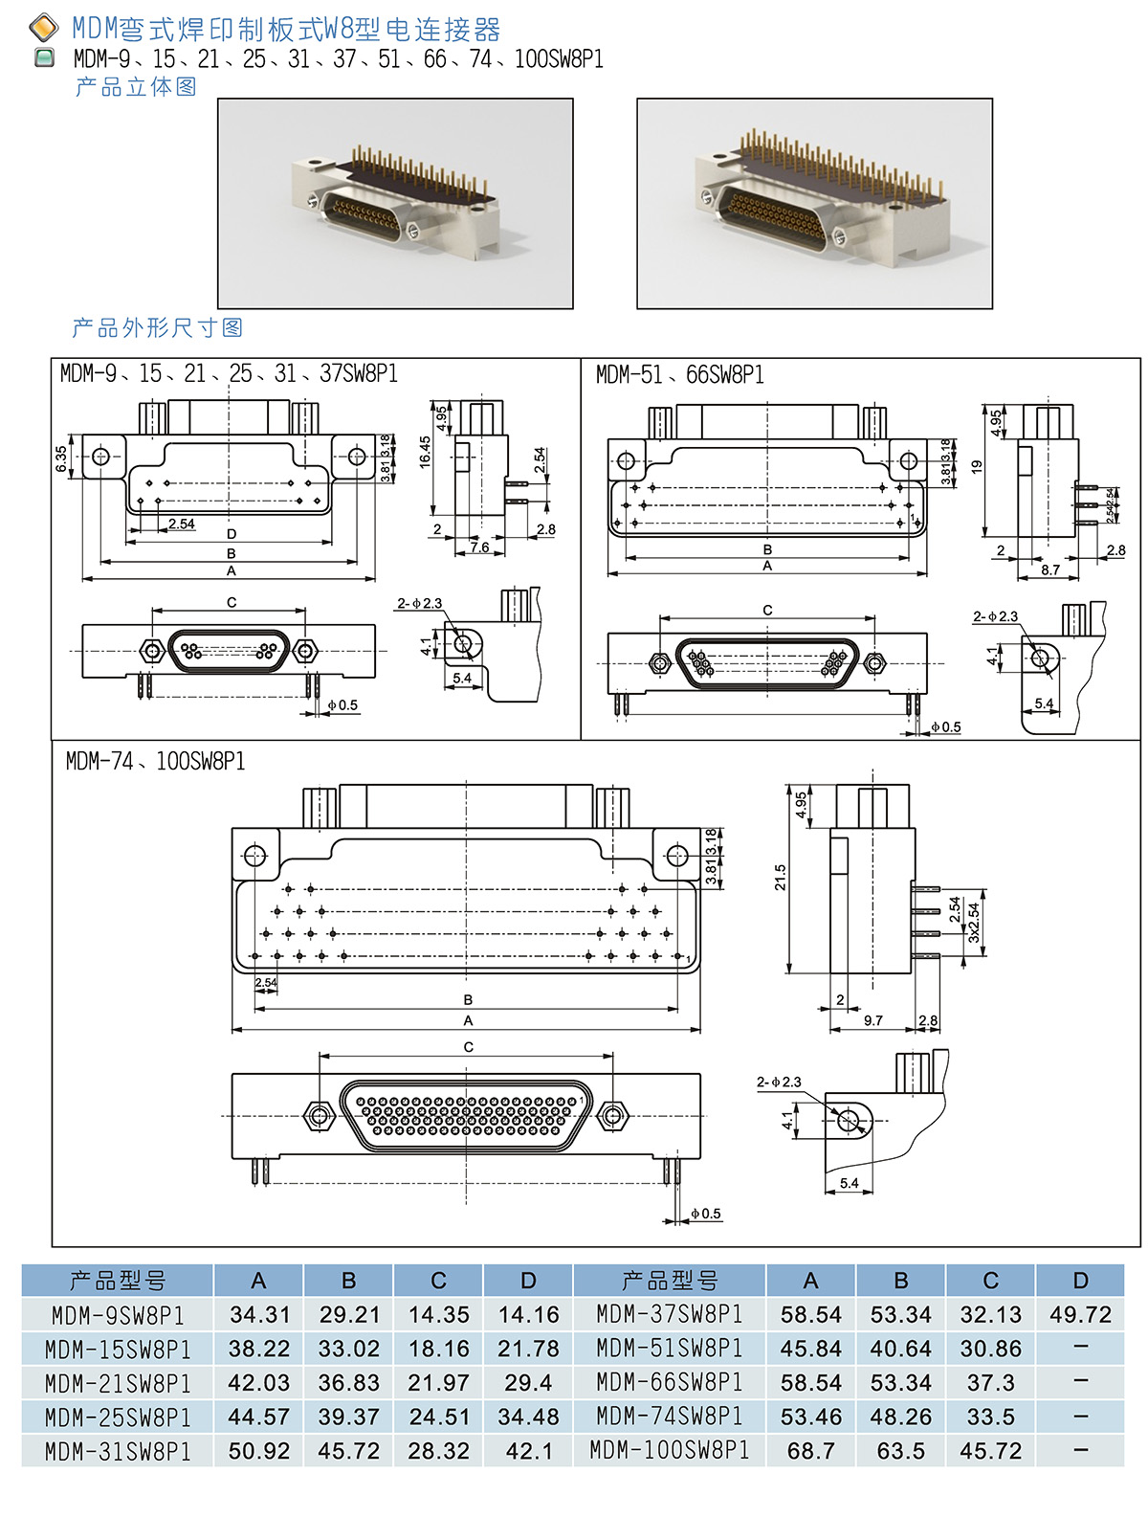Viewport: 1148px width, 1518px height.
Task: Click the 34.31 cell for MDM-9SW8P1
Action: pos(258,1315)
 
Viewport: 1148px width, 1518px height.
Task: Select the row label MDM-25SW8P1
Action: pos(118,1418)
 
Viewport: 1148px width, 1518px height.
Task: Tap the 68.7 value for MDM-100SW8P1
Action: pos(810,1451)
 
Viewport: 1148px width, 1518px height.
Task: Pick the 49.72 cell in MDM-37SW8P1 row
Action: pos(1080,1315)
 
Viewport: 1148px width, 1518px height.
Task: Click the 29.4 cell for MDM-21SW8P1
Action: pos(528,1383)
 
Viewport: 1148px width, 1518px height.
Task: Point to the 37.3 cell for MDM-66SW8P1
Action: pos(990,1383)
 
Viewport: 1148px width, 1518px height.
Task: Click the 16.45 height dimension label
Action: pos(425,452)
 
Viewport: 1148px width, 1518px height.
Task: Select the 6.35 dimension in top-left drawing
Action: pos(61,458)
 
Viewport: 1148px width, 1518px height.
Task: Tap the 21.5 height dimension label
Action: pos(781,877)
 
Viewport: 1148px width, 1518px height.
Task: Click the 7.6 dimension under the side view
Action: pos(479,547)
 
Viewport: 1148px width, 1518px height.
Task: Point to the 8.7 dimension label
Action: pos(1050,569)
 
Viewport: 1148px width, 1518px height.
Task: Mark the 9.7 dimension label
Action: pos(872,1021)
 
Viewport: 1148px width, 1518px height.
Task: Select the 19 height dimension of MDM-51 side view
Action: pos(976,467)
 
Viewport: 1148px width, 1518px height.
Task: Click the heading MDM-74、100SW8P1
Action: pos(155,762)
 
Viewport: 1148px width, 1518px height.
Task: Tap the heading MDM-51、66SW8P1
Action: pos(679,375)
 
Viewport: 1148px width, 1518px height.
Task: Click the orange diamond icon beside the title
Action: pos(44,28)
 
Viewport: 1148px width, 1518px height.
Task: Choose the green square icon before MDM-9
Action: pos(44,58)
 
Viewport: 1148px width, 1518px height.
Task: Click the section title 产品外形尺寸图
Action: pos(157,328)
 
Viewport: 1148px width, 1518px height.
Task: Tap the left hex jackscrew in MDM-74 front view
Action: pos(318,1115)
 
